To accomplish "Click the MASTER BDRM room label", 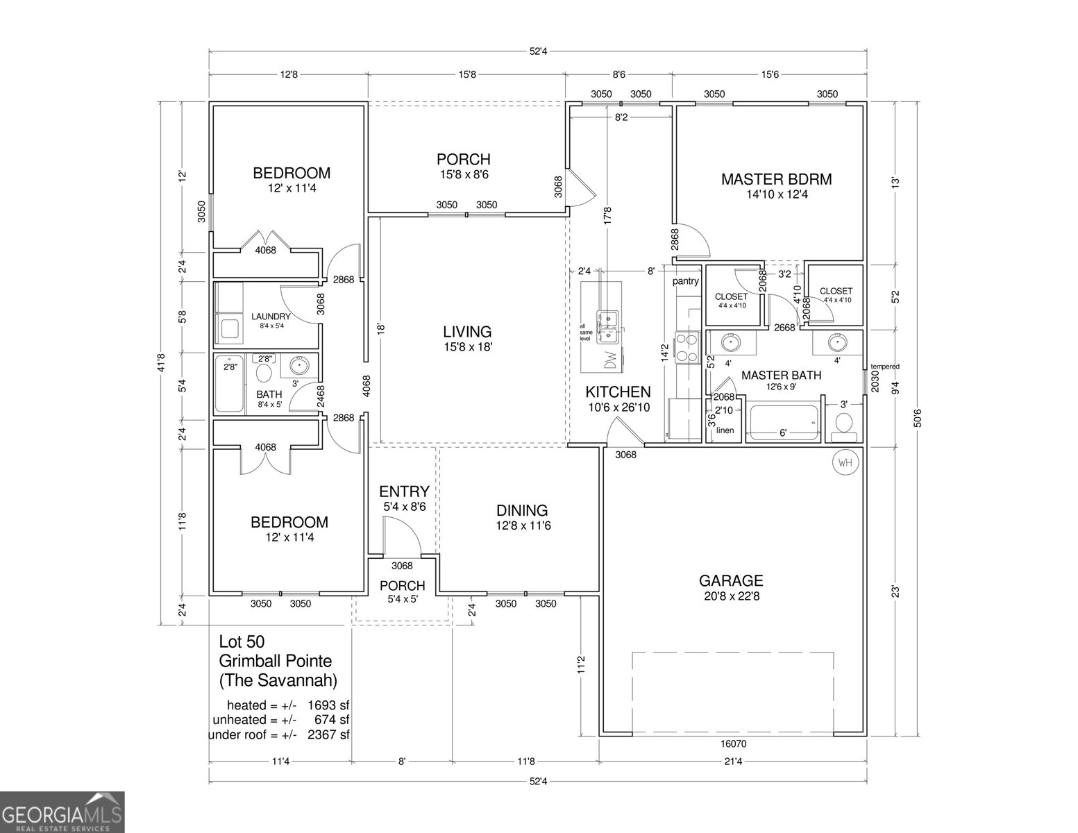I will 776,179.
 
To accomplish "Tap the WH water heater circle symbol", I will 845,462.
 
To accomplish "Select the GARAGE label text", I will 731,580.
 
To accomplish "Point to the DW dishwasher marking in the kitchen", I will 610,360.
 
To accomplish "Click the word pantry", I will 685,282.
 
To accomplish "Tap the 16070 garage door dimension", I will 733,743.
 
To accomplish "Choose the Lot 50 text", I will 242,641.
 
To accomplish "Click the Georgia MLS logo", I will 62,812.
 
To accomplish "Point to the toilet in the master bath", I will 843,423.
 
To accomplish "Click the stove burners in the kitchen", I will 687,348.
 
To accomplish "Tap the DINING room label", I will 521,510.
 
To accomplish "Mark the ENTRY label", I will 404,492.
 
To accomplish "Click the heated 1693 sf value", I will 328,706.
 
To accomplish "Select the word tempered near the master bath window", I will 885,367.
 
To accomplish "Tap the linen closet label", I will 725,430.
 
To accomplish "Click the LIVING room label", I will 467,332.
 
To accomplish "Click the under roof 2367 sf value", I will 328,735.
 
